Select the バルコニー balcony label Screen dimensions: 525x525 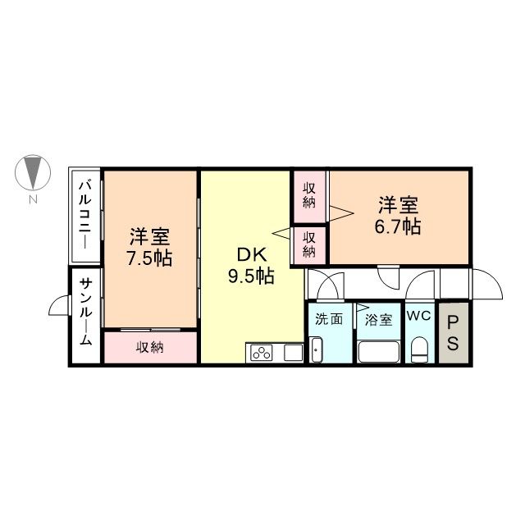click(84, 217)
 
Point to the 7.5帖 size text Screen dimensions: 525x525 click(149, 257)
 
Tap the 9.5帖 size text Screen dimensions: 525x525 click(251, 276)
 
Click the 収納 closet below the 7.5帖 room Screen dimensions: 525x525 click(150, 347)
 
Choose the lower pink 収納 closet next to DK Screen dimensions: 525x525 click(310, 244)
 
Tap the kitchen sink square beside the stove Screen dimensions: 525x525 click(293, 354)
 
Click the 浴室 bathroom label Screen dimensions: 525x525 click(378, 317)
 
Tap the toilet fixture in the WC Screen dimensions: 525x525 click(419, 349)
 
